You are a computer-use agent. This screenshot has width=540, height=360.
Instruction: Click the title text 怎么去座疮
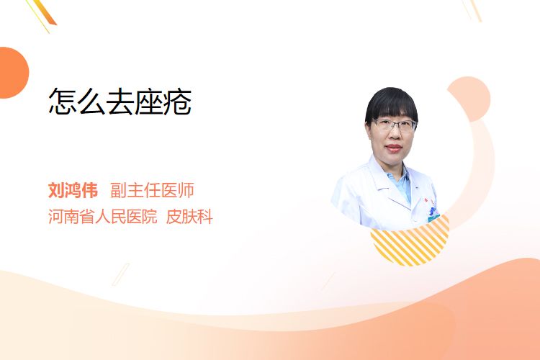120,102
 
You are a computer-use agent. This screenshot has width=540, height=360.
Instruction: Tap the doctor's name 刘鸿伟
73,190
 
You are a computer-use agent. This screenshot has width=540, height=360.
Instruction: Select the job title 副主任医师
152,190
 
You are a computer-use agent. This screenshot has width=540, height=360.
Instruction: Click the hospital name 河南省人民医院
103,217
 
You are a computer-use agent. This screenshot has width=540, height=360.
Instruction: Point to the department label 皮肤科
189,217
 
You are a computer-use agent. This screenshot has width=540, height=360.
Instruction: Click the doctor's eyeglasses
395,125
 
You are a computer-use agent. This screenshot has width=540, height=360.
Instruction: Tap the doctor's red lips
394,148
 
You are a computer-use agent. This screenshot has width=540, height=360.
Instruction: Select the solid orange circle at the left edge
13,73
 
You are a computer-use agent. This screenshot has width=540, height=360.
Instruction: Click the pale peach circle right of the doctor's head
469,99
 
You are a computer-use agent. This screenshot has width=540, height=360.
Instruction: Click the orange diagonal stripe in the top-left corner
44,13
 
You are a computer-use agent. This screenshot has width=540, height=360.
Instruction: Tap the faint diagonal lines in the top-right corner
472,10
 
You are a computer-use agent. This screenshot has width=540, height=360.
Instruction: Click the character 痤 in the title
149,102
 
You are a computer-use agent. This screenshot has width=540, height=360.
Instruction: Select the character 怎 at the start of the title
63,102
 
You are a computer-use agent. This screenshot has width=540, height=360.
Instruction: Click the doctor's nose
393,136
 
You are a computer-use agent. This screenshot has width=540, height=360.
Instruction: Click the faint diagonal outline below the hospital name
121,274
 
